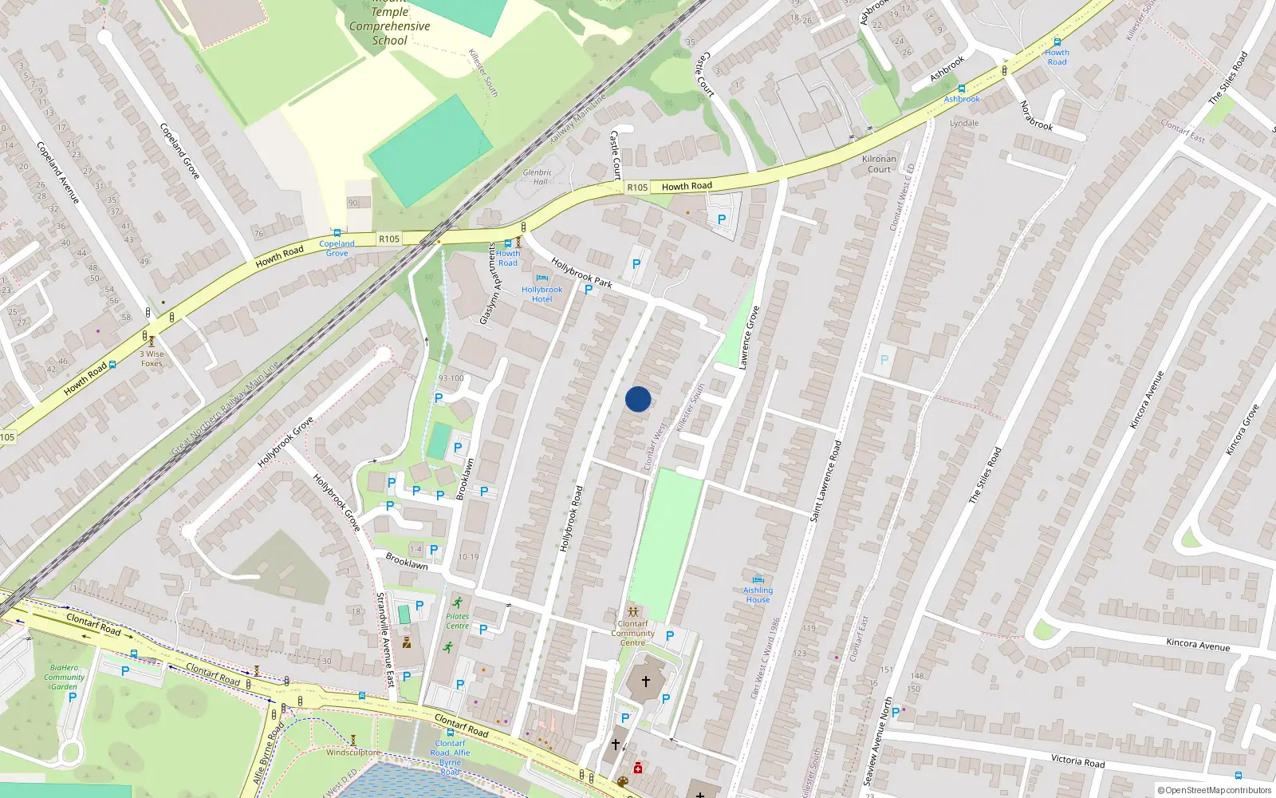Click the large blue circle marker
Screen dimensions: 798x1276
pos(638,399)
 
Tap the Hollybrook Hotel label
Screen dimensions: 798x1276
pos(542,294)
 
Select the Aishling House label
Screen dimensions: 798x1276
pos(758,595)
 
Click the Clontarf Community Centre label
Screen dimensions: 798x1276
pos(633,633)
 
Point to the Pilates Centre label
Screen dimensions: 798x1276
pos(457,621)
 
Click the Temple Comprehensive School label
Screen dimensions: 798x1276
pos(389,26)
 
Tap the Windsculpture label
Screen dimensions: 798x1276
pos(352,752)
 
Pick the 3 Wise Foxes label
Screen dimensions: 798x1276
pos(152,358)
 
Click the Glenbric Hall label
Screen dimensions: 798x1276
pos(538,176)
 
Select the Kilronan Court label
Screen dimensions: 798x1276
pos(879,164)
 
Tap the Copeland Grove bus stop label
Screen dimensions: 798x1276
pos(337,248)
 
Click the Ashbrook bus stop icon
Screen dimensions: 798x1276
pos(962,89)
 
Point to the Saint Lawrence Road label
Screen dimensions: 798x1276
pos(825,481)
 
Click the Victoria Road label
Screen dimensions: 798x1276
pos(1077,760)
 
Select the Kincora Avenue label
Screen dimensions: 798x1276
pos(1197,644)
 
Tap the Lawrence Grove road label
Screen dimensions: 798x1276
pos(749,338)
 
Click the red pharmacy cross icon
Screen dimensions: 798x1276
pos(638,768)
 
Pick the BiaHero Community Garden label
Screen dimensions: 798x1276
pos(64,677)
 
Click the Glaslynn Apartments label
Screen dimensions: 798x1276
pos(489,283)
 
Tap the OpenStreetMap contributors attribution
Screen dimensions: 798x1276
pos(1214,790)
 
